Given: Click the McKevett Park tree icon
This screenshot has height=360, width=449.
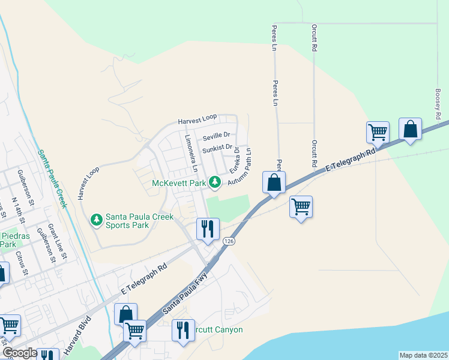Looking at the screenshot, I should click(214, 182).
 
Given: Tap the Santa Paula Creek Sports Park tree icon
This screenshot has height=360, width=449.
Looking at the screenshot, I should click(97, 220).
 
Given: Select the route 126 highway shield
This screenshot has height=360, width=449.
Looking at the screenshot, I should click(228, 241).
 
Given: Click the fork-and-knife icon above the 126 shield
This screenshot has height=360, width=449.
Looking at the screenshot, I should click(208, 229).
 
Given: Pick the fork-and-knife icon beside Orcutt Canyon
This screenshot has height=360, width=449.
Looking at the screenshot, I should click(183, 330).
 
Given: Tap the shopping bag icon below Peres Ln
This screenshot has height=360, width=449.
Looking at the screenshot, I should click(274, 182).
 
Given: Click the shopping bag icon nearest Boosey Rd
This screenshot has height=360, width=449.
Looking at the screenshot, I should click(410, 129).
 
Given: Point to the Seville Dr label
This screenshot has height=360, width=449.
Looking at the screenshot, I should click(216, 135).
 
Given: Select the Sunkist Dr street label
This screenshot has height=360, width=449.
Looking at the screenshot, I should click(217, 147).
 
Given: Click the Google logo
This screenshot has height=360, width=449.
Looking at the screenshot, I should click(19, 353).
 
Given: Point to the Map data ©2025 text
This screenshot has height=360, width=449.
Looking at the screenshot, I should click(423, 355).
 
